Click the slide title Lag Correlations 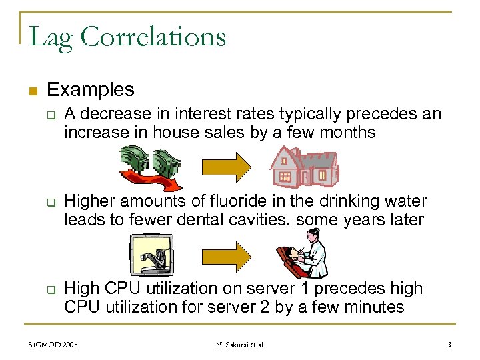[127, 36]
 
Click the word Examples [91, 89]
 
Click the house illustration [304, 167]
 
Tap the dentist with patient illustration [302, 253]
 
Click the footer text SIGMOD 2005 [53, 345]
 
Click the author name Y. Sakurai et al [240, 345]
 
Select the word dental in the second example [191, 219]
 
